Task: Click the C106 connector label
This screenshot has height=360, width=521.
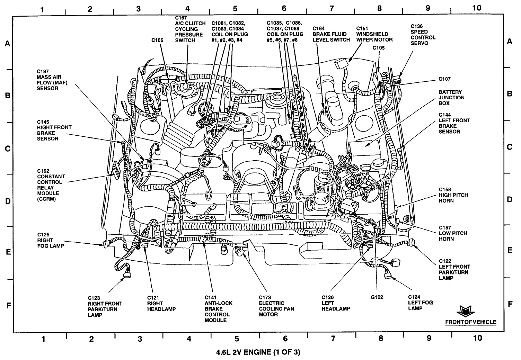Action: (157, 40)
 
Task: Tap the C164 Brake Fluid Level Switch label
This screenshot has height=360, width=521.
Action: (331, 34)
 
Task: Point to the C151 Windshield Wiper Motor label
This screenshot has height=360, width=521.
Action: (374, 34)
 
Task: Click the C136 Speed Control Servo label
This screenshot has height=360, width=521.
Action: (423, 35)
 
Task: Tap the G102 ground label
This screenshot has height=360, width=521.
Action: (376, 297)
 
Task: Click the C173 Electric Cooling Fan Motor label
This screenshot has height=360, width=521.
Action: (276, 306)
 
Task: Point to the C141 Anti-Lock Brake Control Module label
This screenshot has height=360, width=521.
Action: (218, 308)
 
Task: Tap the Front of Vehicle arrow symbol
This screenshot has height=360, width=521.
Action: (464, 311)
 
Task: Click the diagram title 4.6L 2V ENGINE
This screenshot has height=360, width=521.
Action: (258, 352)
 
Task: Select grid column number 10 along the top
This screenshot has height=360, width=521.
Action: (477, 8)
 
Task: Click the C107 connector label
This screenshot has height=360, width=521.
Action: (444, 79)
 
